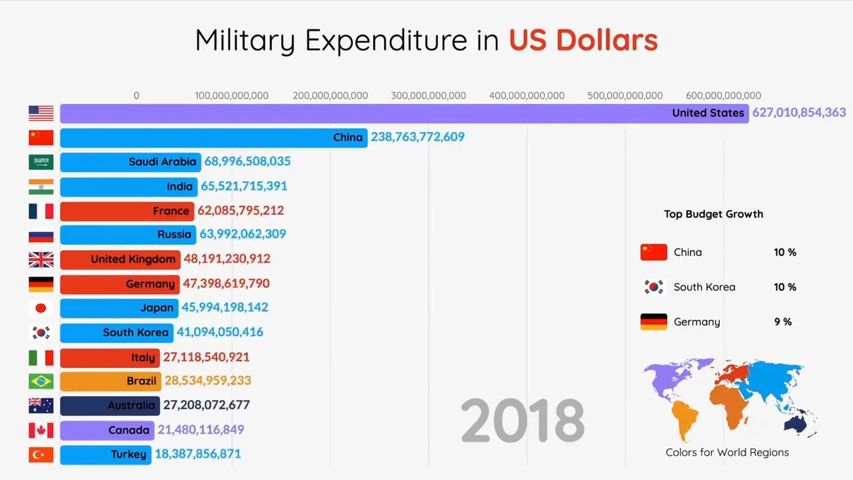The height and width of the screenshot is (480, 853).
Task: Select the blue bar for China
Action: tap(213, 137)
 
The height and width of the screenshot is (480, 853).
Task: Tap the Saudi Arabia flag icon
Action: tap(41, 162)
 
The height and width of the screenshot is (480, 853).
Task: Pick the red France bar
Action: tap(127, 211)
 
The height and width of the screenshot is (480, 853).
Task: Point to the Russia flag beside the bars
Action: tap(41, 235)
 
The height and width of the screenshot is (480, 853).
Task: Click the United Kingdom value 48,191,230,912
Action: tap(227, 259)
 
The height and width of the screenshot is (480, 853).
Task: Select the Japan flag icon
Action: tap(41, 308)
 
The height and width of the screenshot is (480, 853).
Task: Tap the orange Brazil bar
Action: tap(110, 381)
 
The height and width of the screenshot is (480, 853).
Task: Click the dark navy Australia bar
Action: tap(109, 405)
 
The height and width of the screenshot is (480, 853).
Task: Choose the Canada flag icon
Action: tap(41, 430)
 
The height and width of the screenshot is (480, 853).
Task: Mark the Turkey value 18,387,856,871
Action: tap(198, 454)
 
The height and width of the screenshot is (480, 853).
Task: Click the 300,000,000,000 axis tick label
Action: tap(428, 96)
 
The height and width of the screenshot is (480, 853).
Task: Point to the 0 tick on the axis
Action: tap(137, 96)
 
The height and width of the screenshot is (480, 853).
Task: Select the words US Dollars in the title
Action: tap(583, 41)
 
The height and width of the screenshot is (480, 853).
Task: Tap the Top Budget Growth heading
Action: tap(714, 214)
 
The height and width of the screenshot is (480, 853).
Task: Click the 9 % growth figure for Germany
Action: tap(783, 322)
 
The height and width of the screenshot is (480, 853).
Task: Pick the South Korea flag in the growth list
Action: tap(654, 287)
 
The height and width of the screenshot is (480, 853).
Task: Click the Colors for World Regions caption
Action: tap(727, 453)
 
